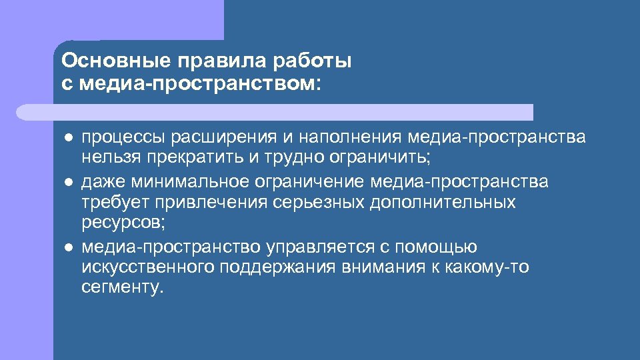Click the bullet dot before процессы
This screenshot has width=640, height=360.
point(67,138)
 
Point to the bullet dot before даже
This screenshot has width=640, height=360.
point(67,182)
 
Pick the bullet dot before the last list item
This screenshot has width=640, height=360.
point(67,247)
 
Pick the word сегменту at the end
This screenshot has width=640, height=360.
point(120,288)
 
